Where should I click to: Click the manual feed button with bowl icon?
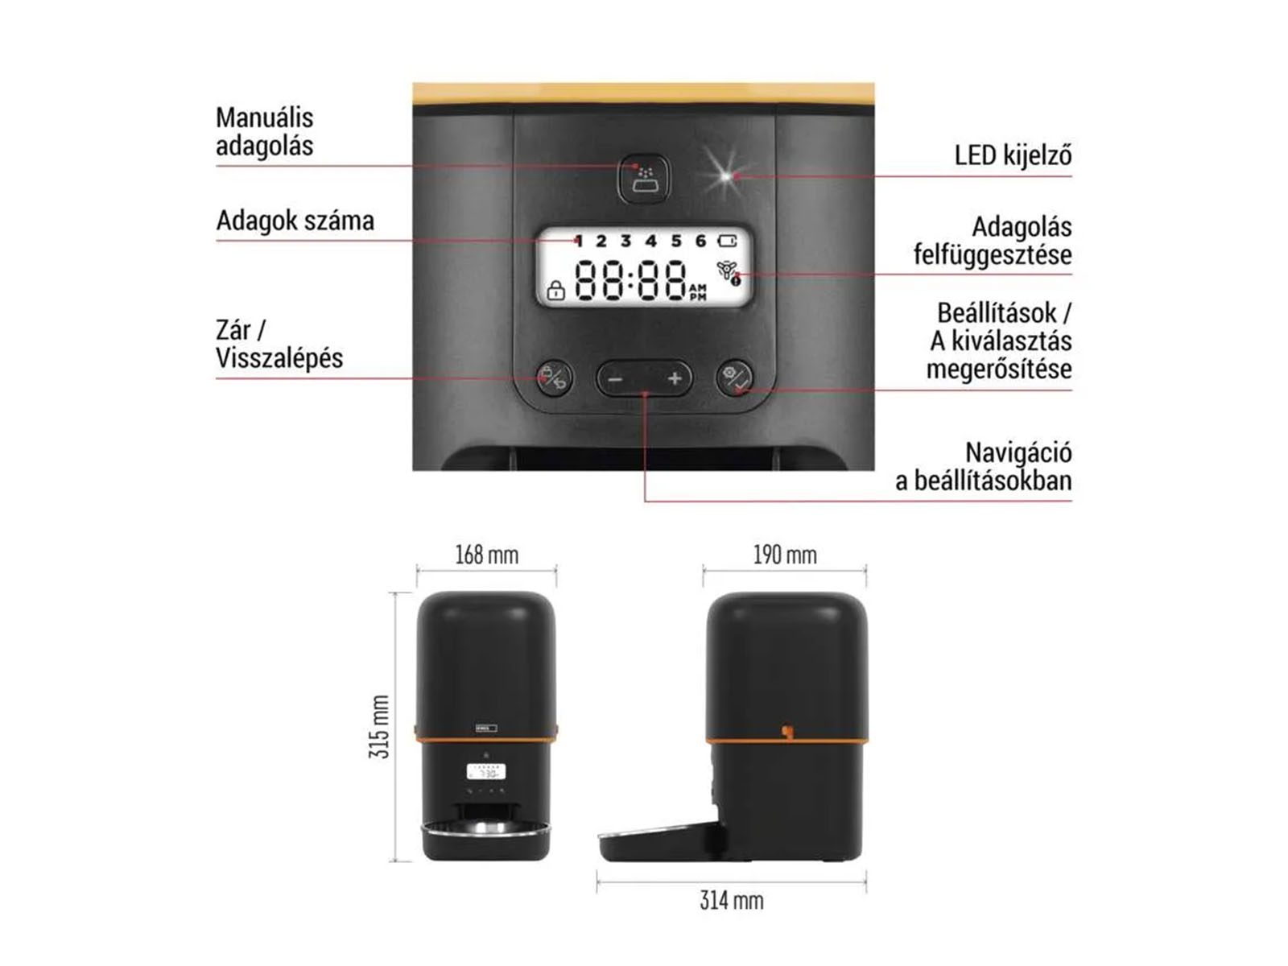tap(644, 178)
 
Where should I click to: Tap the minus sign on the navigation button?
tap(614, 379)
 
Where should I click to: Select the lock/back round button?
tap(554, 377)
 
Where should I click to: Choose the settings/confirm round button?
tap(734, 377)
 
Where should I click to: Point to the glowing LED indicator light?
tap(726, 175)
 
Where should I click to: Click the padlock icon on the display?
tap(555, 291)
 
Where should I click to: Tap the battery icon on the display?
tap(727, 241)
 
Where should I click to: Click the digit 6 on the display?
tap(700, 241)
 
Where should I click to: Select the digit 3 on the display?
tap(625, 241)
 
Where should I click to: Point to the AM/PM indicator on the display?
tap(698, 292)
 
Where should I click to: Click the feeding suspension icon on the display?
tap(729, 274)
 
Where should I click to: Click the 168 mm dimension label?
tap(486, 555)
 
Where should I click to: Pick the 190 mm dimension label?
tap(785, 555)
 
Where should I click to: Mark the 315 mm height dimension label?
tap(379, 726)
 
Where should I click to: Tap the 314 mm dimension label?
tap(732, 900)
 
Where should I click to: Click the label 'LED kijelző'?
tap(1013, 156)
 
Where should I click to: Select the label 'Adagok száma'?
tap(295, 221)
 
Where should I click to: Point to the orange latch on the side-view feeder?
tap(786, 732)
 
